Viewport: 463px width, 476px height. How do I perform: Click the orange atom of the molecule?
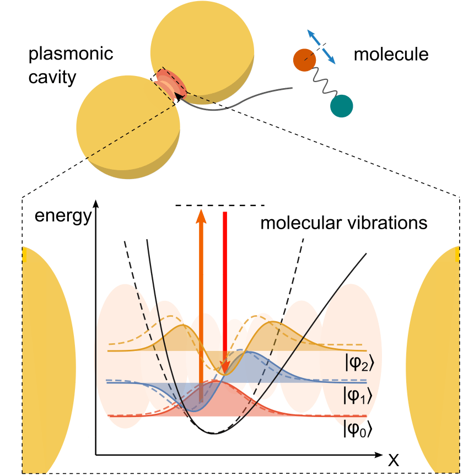pos(304,59)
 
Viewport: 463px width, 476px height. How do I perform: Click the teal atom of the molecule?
pos(341,105)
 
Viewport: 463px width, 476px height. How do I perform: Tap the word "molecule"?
pos(391,55)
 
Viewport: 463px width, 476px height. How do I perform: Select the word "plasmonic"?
pos(71,55)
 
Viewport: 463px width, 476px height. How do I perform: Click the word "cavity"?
pos(53,77)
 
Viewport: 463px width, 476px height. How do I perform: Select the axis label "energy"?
pos(63,215)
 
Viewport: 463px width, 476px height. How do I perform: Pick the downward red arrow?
pos(224,286)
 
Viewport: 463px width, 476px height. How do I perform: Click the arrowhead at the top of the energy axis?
pos(97,202)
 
